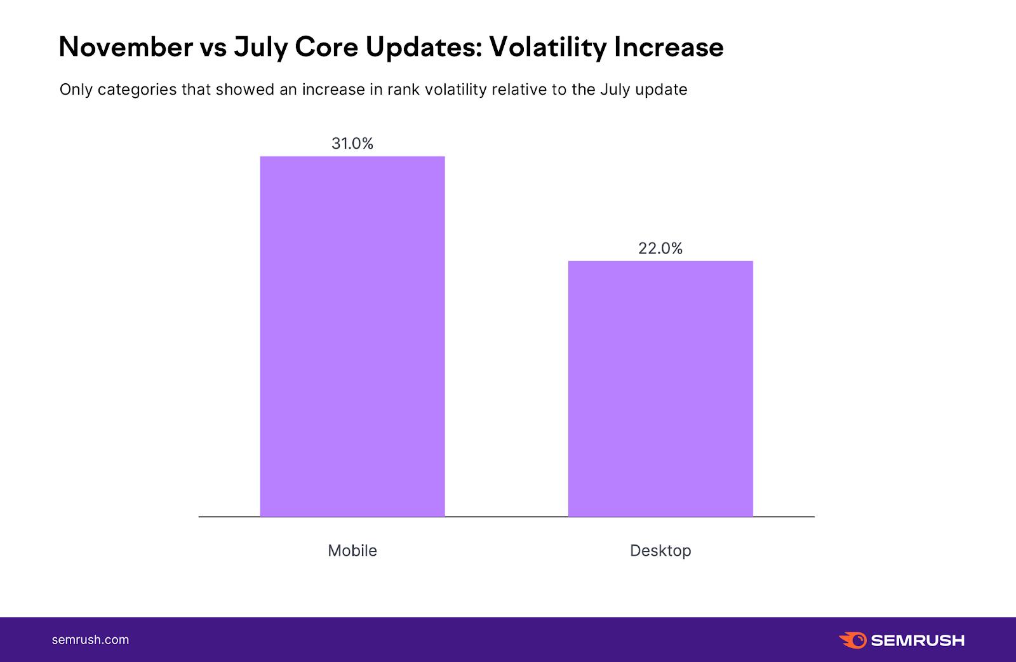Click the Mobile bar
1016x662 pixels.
pos(352,337)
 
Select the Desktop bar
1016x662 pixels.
pos(660,389)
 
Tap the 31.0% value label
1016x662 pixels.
pos(352,144)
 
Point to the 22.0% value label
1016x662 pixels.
pos(660,248)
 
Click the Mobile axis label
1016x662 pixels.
pos(352,551)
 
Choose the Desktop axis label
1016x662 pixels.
pos(660,551)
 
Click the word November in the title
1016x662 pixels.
pos(126,47)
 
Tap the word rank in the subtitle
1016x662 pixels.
pos(403,90)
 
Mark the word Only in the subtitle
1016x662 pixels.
pos(76,90)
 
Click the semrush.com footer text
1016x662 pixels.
pos(90,640)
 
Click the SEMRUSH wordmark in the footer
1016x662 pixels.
pos(918,640)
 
